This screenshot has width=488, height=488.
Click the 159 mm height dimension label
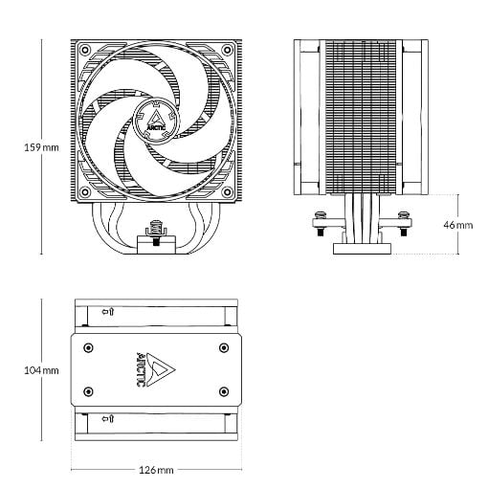(x=41, y=147)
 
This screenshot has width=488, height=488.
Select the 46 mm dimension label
(x=458, y=225)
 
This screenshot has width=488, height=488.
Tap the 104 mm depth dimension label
(x=41, y=370)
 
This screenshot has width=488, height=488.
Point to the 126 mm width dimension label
(x=156, y=470)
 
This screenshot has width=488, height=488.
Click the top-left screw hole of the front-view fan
(x=84, y=50)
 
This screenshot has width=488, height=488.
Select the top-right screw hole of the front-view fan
(x=228, y=50)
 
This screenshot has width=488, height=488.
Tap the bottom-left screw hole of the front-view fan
(x=84, y=192)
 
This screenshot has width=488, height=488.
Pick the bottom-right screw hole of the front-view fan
(x=228, y=192)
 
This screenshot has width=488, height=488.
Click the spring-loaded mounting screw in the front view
(x=156, y=233)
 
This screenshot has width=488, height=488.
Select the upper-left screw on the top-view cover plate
(x=88, y=347)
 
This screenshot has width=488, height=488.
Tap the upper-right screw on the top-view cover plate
(x=224, y=347)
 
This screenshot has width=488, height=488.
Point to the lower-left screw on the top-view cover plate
(x=88, y=391)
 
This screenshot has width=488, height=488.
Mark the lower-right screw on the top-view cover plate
(x=224, y=391)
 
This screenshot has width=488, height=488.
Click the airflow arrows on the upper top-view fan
(x=108, y=312)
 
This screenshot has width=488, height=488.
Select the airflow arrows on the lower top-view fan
(x=108, y=418)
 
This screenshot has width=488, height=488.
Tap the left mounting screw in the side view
(x=320, y=223)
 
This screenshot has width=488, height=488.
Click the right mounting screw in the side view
(x=404, y=223)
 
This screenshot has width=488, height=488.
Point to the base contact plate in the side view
(x=362, y=249)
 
